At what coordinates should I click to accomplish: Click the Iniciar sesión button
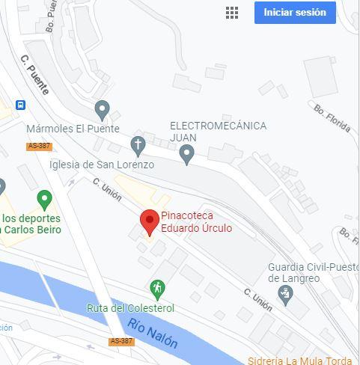click(295, 13)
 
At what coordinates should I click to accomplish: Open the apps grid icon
click(232, 13)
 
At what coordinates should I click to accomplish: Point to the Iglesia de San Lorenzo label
click(102, 165)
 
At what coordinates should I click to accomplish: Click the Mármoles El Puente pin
click(103, 111)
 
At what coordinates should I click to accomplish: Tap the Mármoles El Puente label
click(73, 129)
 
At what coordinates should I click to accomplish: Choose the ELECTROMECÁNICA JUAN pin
click(187, 155)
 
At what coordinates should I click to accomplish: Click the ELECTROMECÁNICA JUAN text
click(217, 132)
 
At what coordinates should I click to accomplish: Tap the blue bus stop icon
click(20, 105)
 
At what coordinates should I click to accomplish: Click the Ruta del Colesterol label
click(130, 308)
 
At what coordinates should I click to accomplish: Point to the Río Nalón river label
click(153, 334)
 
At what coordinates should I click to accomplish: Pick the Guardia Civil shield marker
click(284, 295)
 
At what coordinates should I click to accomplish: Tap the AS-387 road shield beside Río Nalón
click(121, 341)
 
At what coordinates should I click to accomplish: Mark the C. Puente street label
click(35, 75)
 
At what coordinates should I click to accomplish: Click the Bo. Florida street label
click(332, 118)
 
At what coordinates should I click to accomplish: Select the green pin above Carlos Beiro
click(44, 200)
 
